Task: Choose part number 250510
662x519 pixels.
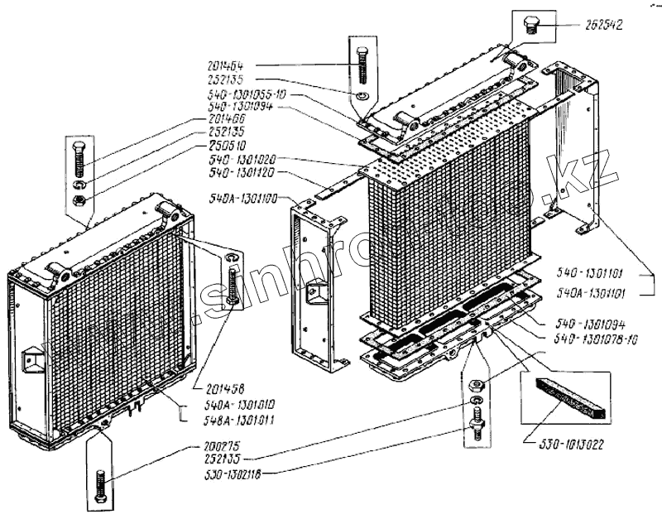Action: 231,143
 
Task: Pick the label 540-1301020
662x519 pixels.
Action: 242,158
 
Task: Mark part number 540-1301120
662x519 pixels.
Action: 242,173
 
